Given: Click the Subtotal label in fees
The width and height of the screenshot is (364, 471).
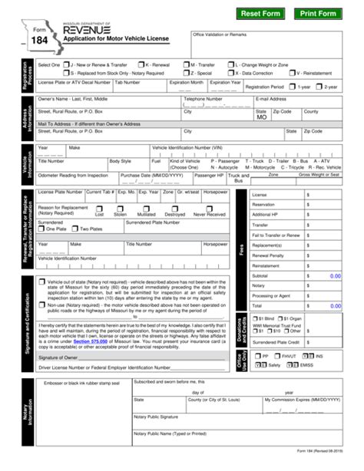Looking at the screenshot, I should (261, 275).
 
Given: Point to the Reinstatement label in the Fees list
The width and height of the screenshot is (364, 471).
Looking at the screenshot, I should (266, 265).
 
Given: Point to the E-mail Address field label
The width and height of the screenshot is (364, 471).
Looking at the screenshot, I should (271, 98).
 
